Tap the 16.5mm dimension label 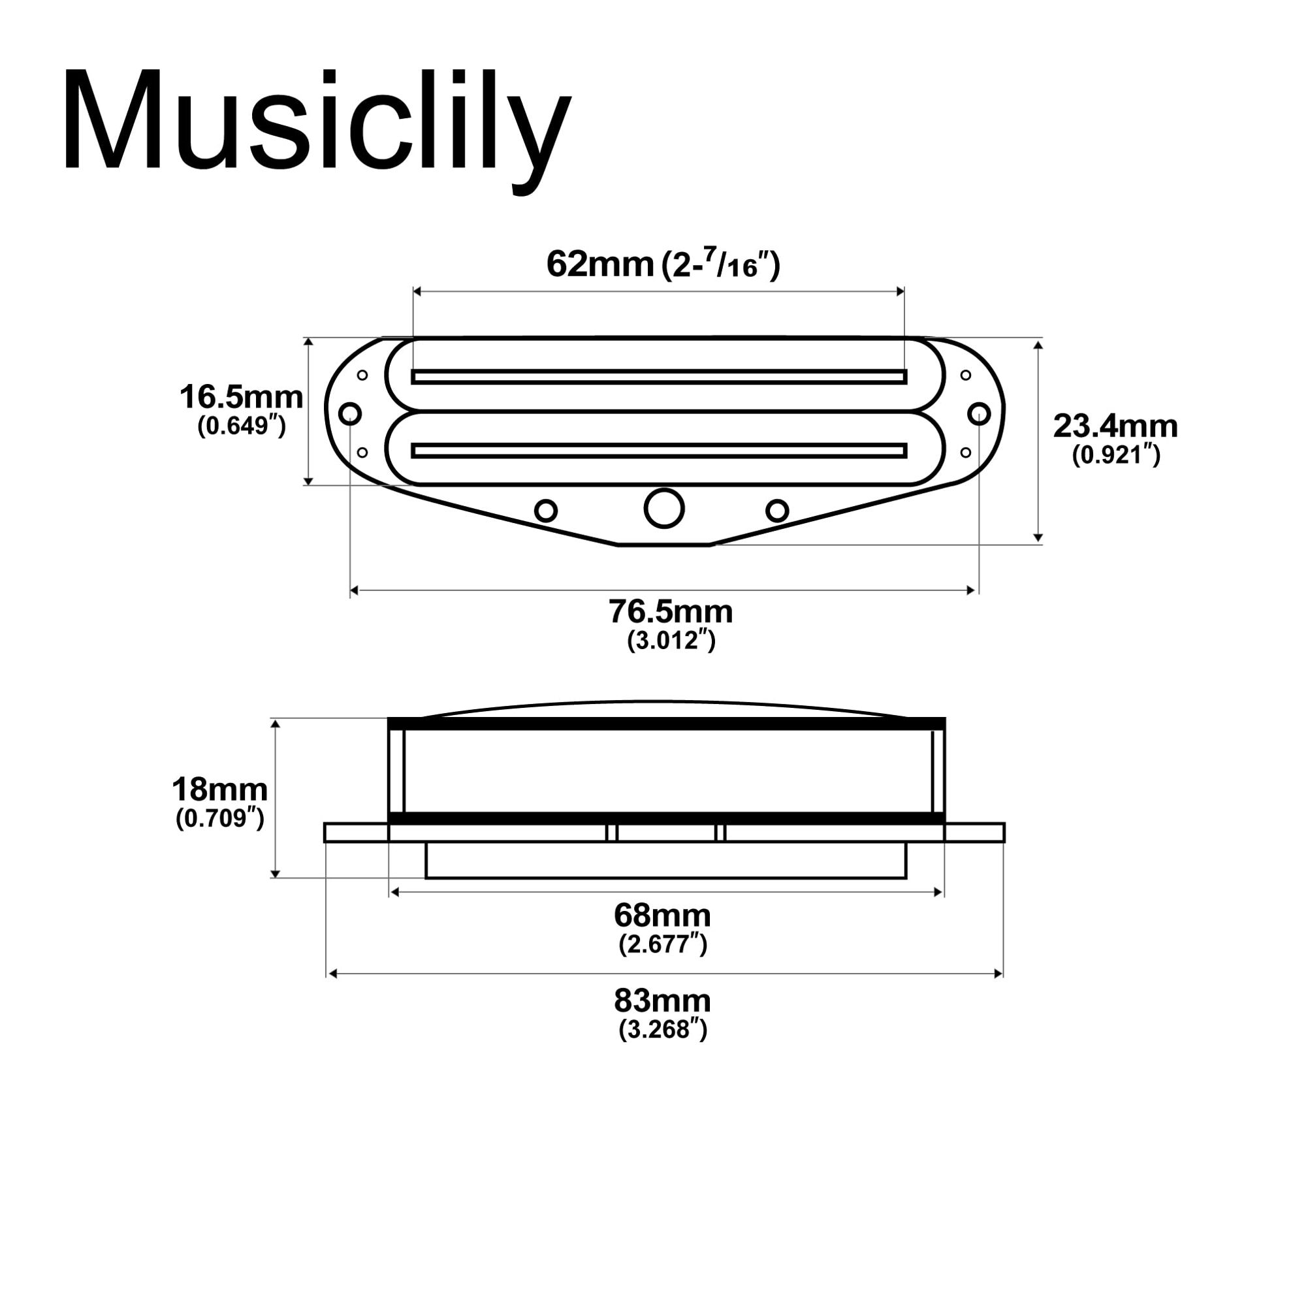241,398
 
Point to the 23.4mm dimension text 1115,426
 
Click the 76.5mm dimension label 671,612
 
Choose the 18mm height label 219,790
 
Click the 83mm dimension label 663,1001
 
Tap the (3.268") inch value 663,1029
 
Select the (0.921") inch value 1115,456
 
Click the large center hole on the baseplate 664,509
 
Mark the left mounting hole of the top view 350,413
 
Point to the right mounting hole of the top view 979,413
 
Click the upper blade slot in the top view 659,377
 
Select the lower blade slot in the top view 659,451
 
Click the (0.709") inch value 219,818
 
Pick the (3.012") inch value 671,641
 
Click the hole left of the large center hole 546,511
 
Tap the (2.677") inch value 663,944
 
